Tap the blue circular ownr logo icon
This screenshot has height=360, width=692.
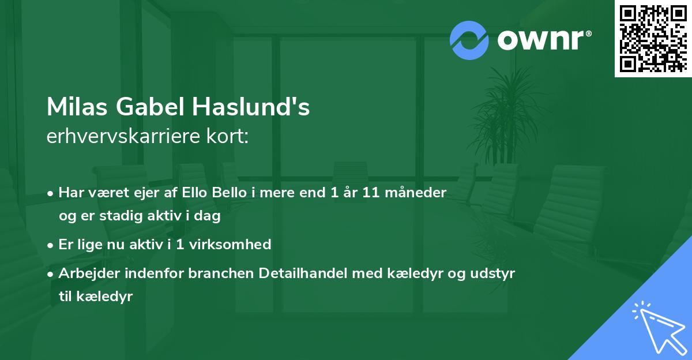(x=469, y=40)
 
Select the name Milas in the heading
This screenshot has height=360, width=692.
(x=77, y=107)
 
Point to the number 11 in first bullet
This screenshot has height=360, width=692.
(x=372, y=193)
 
